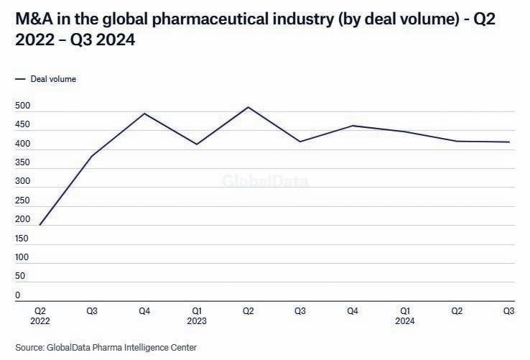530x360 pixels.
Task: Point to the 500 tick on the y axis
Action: point(22,106)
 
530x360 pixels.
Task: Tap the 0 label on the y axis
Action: point(18,295)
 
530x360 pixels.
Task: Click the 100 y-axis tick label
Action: point(22,257)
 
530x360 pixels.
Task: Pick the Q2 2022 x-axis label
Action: point(40,316)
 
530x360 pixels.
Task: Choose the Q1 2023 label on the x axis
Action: point(196,316)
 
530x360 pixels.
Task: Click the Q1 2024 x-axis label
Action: point(405,316)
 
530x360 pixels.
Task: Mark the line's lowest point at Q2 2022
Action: point(40,224)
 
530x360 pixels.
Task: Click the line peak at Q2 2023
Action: point(248,107)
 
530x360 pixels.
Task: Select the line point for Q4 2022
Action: point(144,114)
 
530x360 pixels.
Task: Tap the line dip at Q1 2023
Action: point(196,144)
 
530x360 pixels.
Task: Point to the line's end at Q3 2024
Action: point(509,142)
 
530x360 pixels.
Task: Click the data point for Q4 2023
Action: point(353,126)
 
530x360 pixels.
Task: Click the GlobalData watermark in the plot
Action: point(265,181)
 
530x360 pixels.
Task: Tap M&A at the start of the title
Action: point(32,17)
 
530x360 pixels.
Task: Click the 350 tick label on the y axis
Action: point(22,163)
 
